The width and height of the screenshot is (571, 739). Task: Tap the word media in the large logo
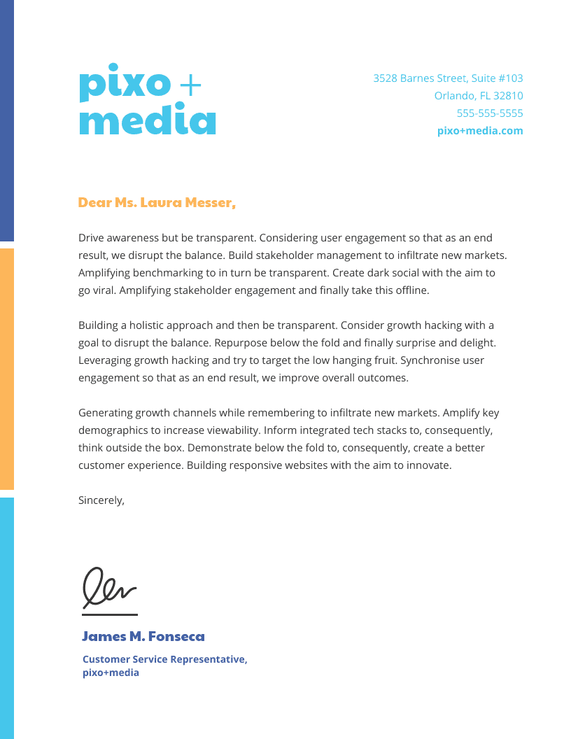148,120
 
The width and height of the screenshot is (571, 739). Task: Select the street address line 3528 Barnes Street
448,78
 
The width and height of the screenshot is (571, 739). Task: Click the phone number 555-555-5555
489,113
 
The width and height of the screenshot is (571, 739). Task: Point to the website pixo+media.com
479,131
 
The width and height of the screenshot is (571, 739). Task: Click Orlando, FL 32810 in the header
479,96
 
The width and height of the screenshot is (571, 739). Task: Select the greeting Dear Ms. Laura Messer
157,203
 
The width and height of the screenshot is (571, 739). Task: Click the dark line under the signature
110,614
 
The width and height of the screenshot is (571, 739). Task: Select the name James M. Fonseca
143,637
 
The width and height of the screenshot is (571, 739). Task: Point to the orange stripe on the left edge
6,368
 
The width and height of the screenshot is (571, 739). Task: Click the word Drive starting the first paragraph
91,238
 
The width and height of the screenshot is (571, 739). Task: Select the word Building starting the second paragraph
99,325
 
